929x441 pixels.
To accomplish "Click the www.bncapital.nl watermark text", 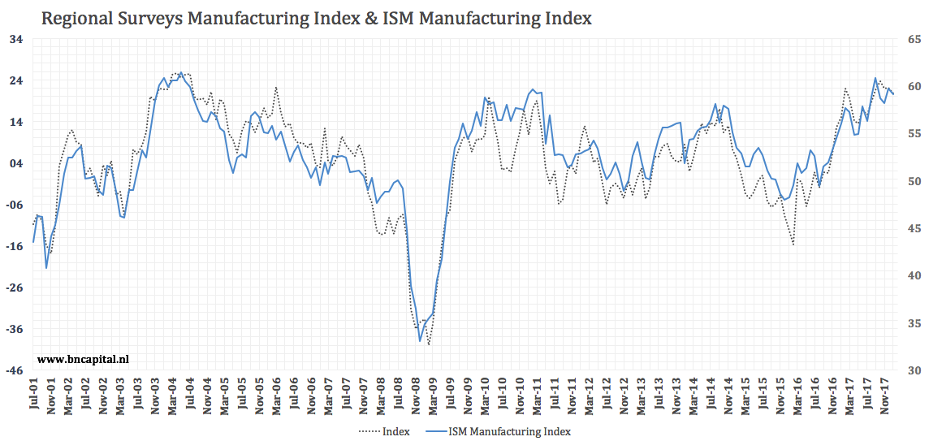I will tap(84, 357).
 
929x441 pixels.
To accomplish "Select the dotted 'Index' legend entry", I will tap(384, 431).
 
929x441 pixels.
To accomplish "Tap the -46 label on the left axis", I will tap(15, 370).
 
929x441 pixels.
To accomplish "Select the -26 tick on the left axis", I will tap(15, 288).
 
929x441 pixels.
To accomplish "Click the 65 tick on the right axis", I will tap(914, 39).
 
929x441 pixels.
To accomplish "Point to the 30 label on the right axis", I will tap(914, 370).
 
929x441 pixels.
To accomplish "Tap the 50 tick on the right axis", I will tap(914, 181).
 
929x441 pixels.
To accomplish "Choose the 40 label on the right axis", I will tap(914, 276).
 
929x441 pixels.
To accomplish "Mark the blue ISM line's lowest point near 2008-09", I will tap(420, 341).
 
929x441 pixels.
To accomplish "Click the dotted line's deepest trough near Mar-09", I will tap(428, 345).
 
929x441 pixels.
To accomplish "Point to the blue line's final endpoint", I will tap(893, 94).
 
